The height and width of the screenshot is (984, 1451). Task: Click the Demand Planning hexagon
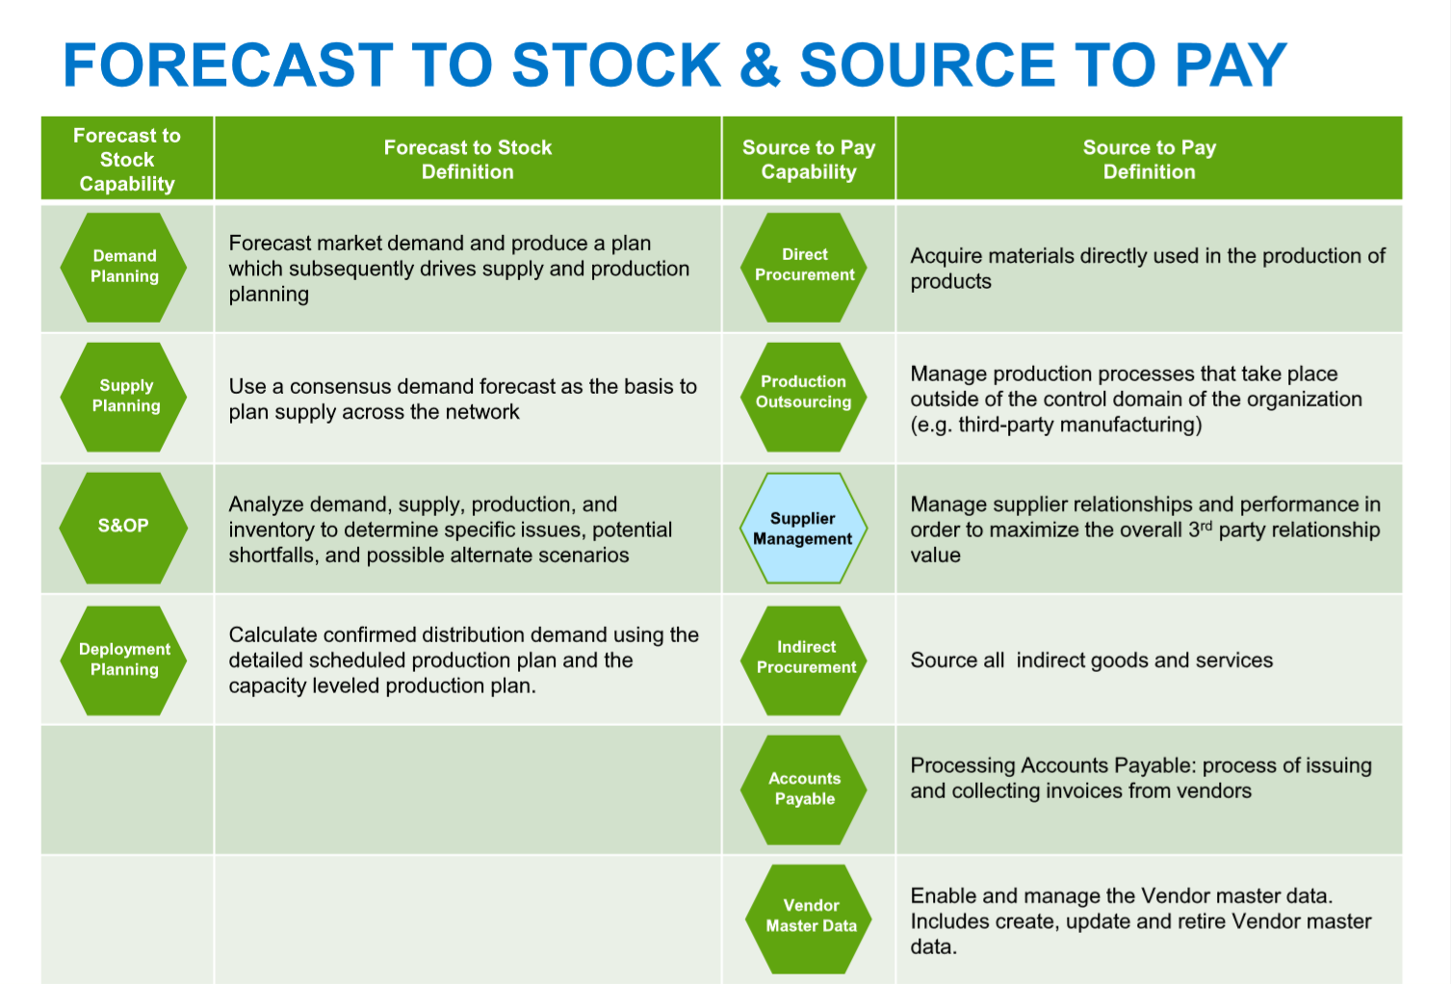click(124, 267)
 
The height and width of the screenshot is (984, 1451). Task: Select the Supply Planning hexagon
click(124, 397)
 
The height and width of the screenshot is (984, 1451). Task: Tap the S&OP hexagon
click(123, 527)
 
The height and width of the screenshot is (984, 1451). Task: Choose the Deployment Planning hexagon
click(124, 660)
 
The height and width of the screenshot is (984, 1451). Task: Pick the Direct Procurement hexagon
click(805, 266)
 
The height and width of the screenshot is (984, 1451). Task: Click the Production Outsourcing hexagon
click(804, 396)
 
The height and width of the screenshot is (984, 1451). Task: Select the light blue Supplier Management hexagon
click(803, 529)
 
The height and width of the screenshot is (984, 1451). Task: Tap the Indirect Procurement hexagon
click(805, 659)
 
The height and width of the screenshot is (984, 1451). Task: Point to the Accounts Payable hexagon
click(805, 790)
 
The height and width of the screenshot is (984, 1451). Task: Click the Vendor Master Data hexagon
click(810, 918)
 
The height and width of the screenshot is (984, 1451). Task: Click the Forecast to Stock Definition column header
click(468, 160)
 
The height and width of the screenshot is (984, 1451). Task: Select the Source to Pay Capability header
click(809, 160)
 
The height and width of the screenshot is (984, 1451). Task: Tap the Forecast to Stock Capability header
click(127, 160)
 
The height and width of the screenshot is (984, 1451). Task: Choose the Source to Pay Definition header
click(1149, 160)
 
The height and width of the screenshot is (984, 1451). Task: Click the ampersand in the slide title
click(760, 66)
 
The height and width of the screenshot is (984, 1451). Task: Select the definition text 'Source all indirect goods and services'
click(1091, 660)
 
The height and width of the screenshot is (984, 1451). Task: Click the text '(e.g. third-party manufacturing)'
click(1055, 425)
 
